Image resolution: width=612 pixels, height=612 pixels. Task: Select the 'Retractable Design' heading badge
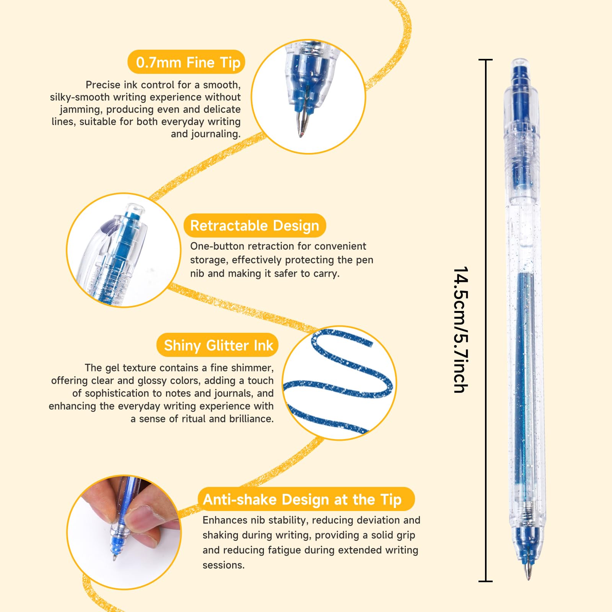255,226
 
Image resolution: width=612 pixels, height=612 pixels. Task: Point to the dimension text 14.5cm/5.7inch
461,329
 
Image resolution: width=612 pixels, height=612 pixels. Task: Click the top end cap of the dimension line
485,60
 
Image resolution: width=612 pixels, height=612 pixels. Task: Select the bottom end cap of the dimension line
485,581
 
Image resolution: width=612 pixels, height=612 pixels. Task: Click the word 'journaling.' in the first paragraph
206,134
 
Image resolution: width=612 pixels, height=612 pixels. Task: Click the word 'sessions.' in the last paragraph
223,565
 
